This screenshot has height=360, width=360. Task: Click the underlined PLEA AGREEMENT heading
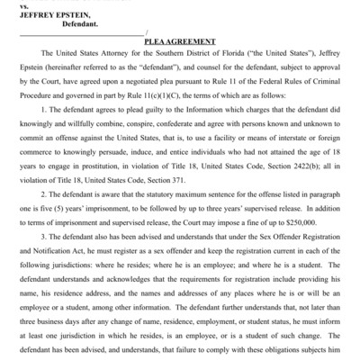[x=179, y=41]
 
